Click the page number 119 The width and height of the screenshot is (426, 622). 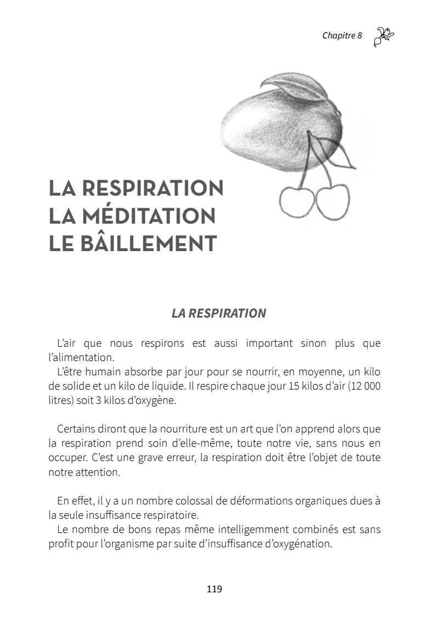point(214,589)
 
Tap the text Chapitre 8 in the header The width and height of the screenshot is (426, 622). point(342,36)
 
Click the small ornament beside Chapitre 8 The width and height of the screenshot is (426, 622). point(383,37)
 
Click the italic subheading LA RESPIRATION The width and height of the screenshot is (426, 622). point(218,313)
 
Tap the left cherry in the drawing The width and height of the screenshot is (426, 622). point(297,202)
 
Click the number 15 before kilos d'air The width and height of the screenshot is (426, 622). point(294,385)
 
